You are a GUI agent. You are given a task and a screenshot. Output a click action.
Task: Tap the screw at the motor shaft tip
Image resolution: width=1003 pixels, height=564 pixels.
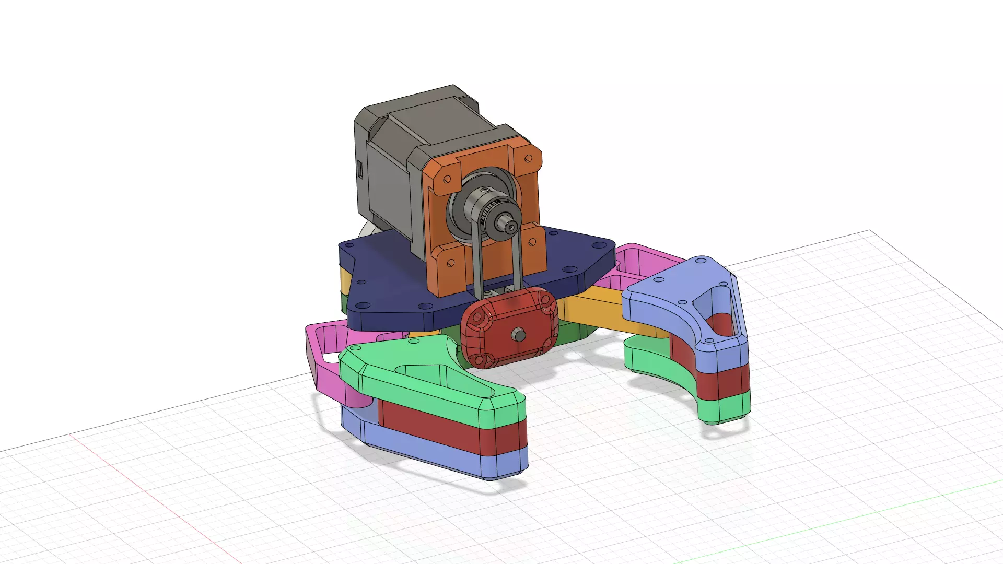click(510, 226)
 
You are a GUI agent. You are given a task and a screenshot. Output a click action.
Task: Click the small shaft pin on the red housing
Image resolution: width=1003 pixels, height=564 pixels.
click(519, 334)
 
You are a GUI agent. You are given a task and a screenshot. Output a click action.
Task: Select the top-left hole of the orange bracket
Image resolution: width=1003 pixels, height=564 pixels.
click(447, 180)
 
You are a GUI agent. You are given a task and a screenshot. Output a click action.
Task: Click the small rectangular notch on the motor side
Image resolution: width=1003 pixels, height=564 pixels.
click(360, 169)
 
